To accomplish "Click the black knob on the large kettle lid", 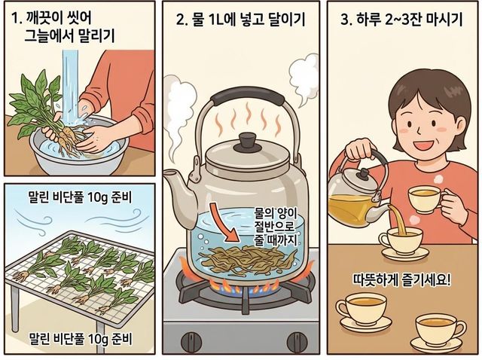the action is click(249, 142).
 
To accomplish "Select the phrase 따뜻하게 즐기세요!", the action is click(402, 279).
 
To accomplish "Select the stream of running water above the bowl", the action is click(70, 86).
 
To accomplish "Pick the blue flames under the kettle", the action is click(243, 289).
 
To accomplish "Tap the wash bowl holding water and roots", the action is click(78, 151).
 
